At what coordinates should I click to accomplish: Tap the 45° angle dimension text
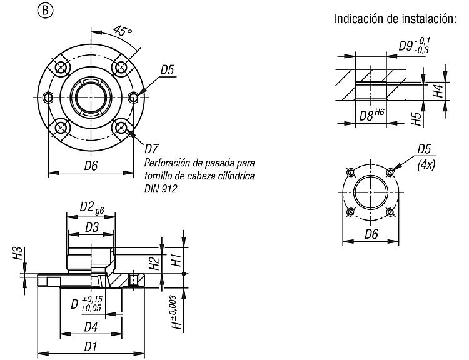pyautogui.click(x=122, y=31)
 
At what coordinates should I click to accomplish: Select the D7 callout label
pyautogui.click(x=152, y=149)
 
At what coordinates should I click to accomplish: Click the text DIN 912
pyautogui.click(x=161, y=189)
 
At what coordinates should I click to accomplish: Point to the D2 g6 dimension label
pyautogui.click(x=92, y=207)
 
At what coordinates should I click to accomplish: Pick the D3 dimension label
pyautogui.click(x=92, y=227)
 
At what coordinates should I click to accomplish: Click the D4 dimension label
pyautogui.click(x=91, y=327)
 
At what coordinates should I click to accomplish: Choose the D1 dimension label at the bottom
pyautogui.click(x=91, y=347)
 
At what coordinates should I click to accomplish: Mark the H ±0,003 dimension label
pyautogui.click(x=177, y=312)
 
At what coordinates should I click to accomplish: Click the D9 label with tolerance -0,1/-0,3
pyautogui.click(x=415, y=46)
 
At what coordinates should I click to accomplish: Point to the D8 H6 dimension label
pyautogui.click(x=371, y=115)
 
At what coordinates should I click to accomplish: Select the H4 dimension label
pyautogui.click(x=438, y=91)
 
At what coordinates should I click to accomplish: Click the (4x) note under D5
pyautogui.click(x=426, y=165)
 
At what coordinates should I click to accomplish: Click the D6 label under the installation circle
pyautogui.click(x=371, y=234)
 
